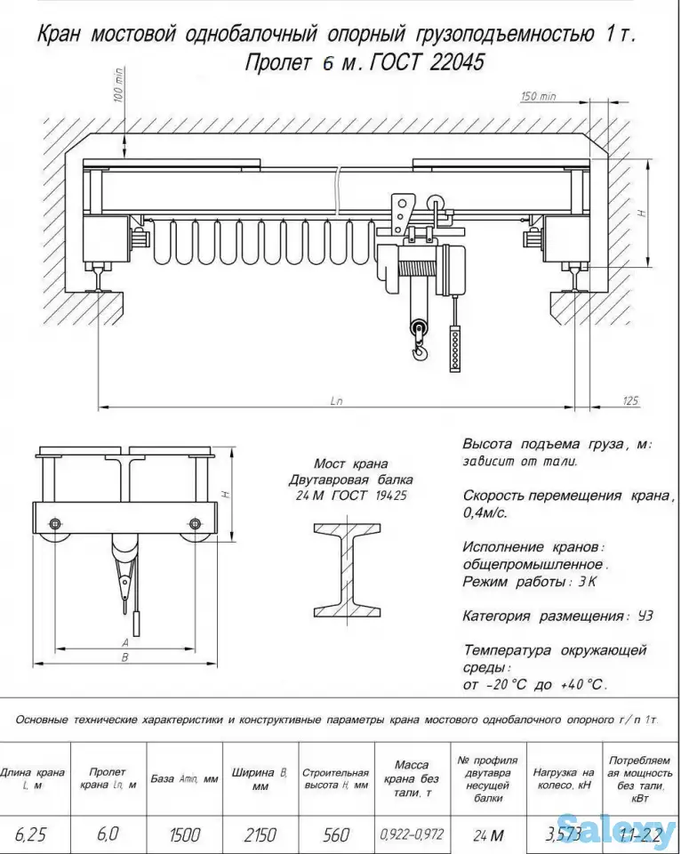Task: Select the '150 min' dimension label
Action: [538, 97]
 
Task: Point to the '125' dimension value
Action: [630, 401]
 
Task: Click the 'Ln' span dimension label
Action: [336, 401]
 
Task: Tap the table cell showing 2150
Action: [260, 834]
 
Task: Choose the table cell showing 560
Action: [336, 834]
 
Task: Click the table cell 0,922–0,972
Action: [412, 834]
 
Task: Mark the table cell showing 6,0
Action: [108, 834]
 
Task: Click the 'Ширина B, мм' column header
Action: [260, 779]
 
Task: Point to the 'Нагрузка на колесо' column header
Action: [563, 779]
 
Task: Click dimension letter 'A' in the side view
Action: [125, 642]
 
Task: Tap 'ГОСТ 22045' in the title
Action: [435, 63]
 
